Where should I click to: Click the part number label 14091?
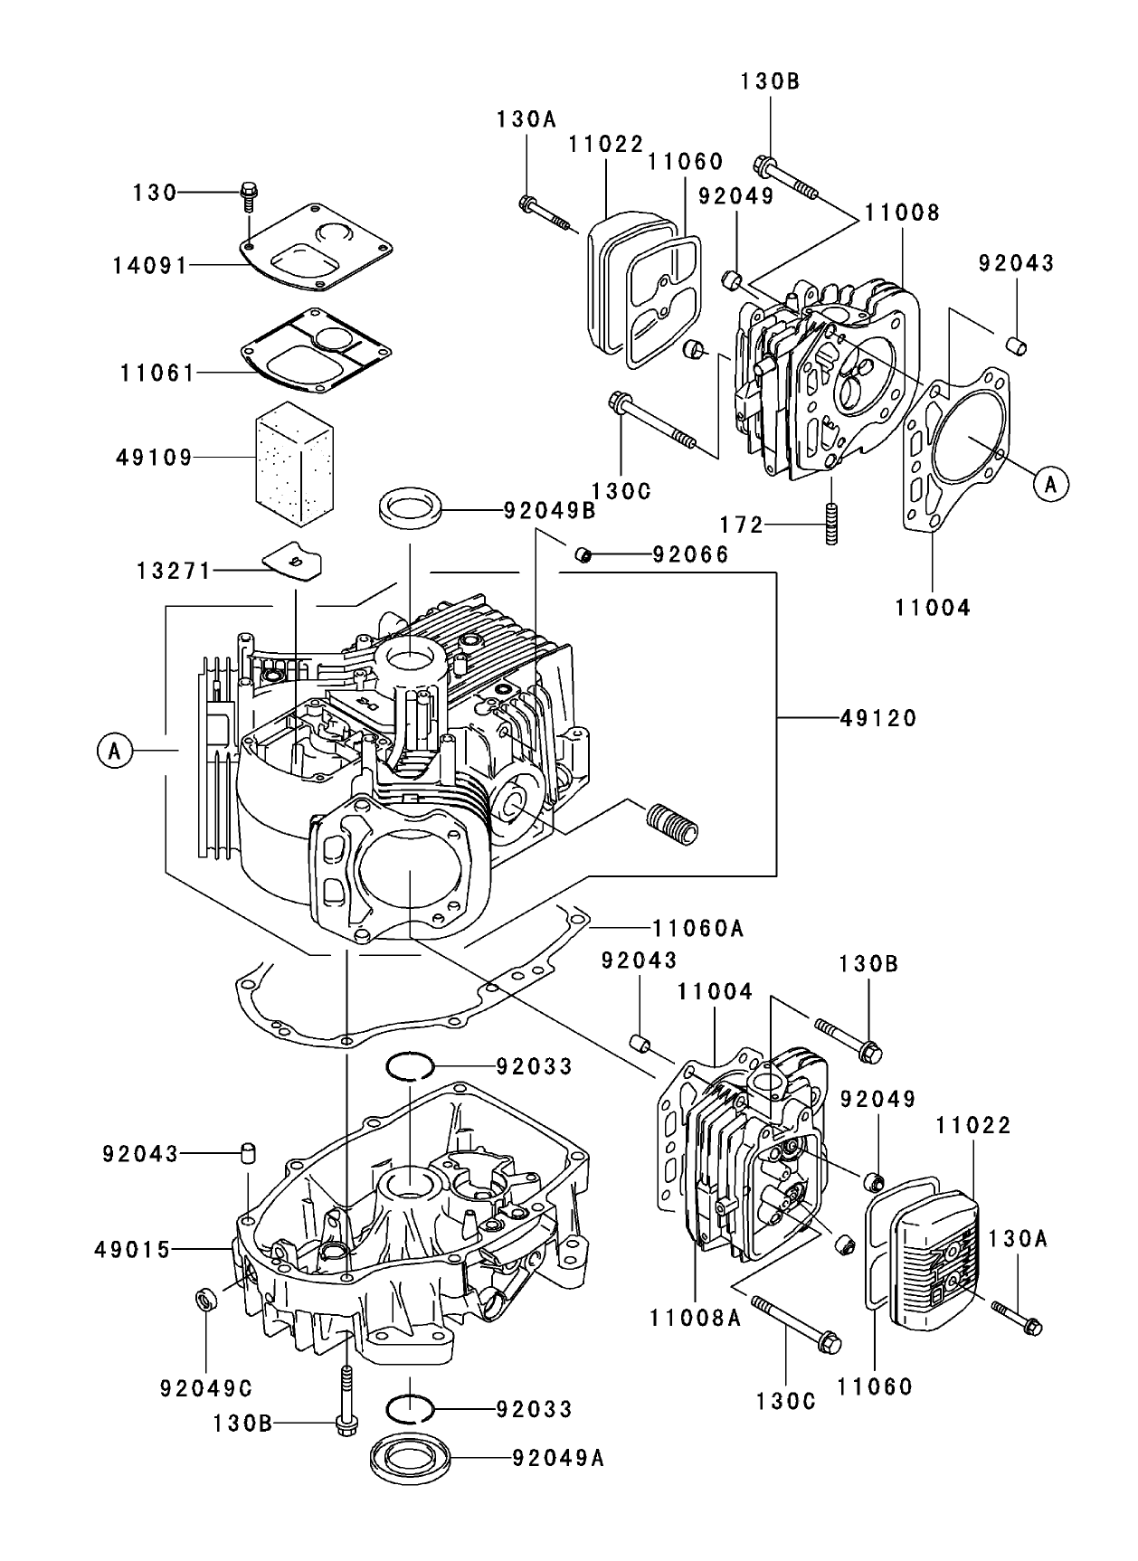pyautogui.click(x=149, y=266)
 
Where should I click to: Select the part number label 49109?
pyautogui.click(x=154, y=458)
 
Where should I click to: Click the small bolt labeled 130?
pyautogui.click(x=248, y=193)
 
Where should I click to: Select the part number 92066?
pyautogui.click(x=690, y=554)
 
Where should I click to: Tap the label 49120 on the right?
pyautogui.click(x=878, y=718)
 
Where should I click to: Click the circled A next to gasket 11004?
pyautogui.click(x=1050, y=484)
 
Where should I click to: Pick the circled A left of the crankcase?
pyautogui.click(x=114, y=751)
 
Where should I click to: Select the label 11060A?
pyautogui.click(x=697, y=928)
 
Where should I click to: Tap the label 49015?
pyautogui.click(x=132, y=1250)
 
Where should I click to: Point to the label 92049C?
pyautogui.click(x=206, y=1387)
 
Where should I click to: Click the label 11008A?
pyautogui.click(x=695, y=1319)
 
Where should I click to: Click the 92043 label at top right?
pyautogui.click(x=1017, y=263)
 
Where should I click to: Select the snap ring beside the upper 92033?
pyautogui.click(x=409, y=1066)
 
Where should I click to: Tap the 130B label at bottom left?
pyautogui.click(x=242, y=1424)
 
